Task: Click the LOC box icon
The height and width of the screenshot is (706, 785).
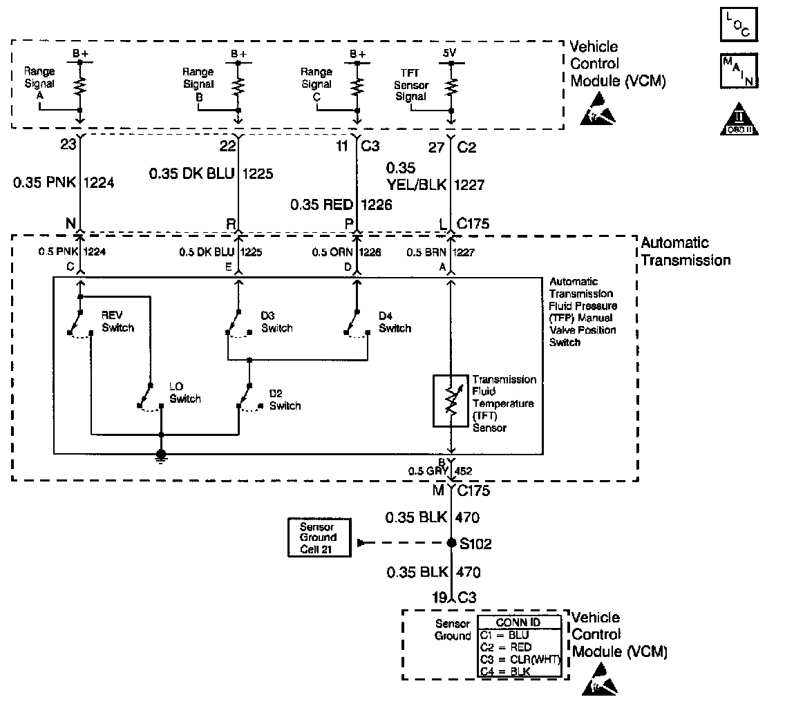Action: pyautogui.click(x=739, y=24)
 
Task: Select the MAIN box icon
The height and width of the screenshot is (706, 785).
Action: pyautogui.click(x=739, y=71)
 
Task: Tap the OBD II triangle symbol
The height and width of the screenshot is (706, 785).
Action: pyautogui.click(x=739, y=120)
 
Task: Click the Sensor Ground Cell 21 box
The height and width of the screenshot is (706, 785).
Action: pyautogui.click(x=319, y=537)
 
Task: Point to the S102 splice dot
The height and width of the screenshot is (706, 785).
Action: pyautogui.click(x=451, y=543)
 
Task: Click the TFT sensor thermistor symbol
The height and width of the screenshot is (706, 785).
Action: pyautogui.click(x=451, y=401)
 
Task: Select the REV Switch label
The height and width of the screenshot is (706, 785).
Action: pyautogui.click(x=117, y=321)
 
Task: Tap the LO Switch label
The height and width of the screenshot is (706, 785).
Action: pyautogui.click(x=185, y=393)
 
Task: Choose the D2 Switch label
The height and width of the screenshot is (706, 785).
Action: pyautogui.click(x=285, y=400)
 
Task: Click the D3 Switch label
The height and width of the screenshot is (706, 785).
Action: pyautogui.click(x=276, y=322)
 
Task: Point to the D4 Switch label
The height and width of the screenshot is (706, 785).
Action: pyautogui.click(x=395, y=322)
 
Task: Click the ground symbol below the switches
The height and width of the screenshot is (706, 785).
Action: pyautogui.click(x=161, y=455)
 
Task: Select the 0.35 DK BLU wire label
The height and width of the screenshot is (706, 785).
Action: pyautogui.click(x=191, y=173)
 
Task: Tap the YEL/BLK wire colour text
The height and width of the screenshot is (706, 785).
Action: pyautogui.click(x=416, y=184)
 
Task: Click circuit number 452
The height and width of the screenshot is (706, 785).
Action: pyautogui.click(x=463, y=471)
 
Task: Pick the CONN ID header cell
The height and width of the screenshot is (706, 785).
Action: pyautogui.click(x=519, y=622)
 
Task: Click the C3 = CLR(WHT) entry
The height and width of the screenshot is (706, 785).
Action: pyautogui.click(x=519, y=660)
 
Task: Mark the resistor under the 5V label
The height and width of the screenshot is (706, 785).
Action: pyautogui.click(x=451, y=86)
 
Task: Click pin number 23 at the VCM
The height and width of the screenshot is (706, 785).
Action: pyautogui.click(x=68, y=144)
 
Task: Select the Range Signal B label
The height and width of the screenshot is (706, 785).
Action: pyautogui.click(x=198, y=84)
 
